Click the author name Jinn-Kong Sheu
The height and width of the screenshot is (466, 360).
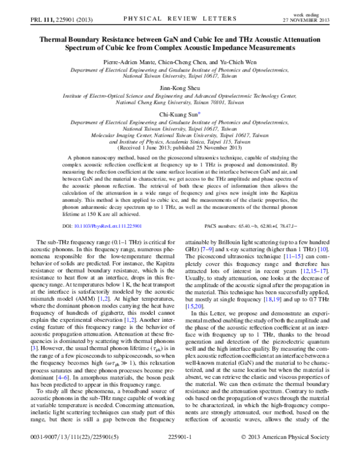[180, 87]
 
